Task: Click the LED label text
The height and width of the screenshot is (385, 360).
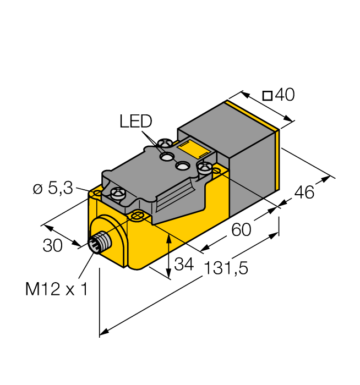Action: [135, 121]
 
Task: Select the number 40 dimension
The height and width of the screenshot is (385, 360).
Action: [285, 95]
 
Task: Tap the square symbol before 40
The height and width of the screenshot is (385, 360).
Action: [267, 96]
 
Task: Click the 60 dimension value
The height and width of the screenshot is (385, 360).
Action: [241, 229]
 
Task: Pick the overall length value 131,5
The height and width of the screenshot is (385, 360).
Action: [226, 268]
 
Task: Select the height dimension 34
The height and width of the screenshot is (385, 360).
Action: [184, 265]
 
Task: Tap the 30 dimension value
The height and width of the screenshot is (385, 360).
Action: [53, 246]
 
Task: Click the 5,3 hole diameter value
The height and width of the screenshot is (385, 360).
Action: [60, 189]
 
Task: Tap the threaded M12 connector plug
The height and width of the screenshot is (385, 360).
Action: [97, 244]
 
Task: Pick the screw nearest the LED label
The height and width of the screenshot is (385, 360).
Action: [163, 145]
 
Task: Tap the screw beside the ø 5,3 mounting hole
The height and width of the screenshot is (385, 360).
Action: [116, 193]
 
